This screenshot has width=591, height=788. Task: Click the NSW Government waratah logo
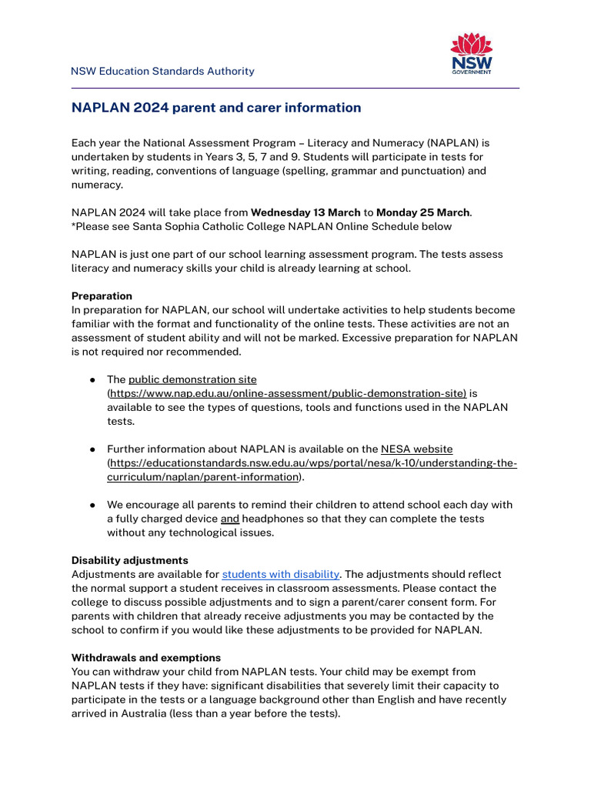coord(471,53)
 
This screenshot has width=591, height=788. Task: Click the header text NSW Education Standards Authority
coord(162,72)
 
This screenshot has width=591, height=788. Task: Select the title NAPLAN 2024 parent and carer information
coord(216,108)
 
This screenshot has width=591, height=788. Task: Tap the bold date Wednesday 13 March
coord(295,212)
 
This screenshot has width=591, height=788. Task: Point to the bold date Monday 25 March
coord(422,212)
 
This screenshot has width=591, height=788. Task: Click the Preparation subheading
coord(102,296)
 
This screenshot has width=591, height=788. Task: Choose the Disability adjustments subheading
coord(129,560)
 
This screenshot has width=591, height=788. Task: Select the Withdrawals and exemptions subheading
coord(146,658)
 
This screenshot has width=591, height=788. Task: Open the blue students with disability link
coord(280,574)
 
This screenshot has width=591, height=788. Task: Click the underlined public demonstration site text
coord(192,379)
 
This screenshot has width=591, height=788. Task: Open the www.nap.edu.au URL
coord(287,393)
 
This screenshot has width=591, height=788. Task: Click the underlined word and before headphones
coord(229,519)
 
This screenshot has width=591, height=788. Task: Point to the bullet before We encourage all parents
coord(92,505)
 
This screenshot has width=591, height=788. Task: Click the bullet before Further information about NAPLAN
coord(92,449)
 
